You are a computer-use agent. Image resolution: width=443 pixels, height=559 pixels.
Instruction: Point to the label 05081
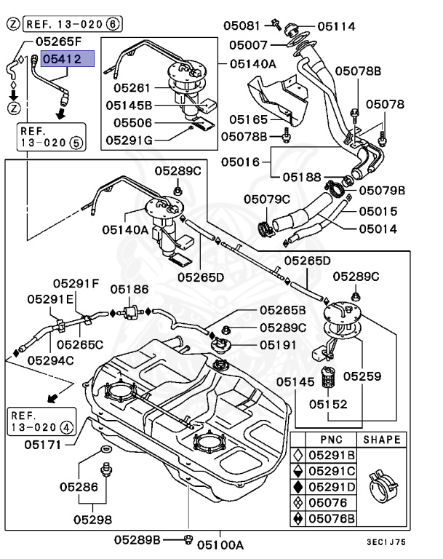pos(242,25)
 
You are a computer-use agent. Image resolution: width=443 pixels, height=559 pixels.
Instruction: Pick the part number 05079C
pos(266,199)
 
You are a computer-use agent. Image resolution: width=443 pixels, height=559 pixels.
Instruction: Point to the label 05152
pos(328,403)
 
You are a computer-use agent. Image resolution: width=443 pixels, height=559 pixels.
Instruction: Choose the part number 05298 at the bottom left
pos(92,519)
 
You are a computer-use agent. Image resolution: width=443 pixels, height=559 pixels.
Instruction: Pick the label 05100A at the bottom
pos(220,544)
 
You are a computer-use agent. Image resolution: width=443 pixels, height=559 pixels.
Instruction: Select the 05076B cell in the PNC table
pos(332,519)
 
